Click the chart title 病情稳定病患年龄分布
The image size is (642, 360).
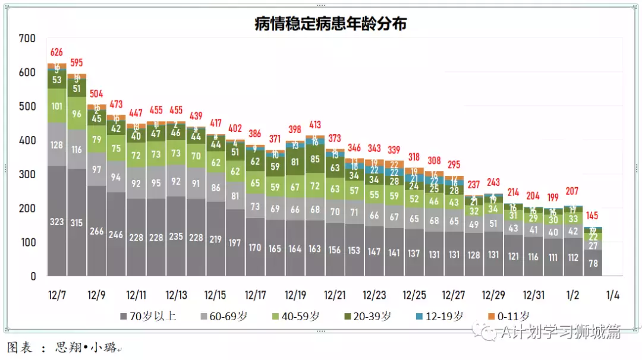(331, 23)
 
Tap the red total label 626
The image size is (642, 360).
(57, 52)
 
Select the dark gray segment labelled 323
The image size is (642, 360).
(57, 222)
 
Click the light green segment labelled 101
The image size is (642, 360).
(57, 106)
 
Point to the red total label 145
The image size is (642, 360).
(593, 216)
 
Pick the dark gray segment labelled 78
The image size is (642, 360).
(593, 263)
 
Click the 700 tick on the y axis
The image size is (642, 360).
(27, 39)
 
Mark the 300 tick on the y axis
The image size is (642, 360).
(27, 175)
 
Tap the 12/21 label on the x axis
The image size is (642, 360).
(335, 295)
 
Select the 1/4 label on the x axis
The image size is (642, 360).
(612, 295)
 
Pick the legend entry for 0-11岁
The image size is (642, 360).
(509, 316)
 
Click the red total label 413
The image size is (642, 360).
(315, 125)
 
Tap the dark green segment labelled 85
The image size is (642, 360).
(315, 159)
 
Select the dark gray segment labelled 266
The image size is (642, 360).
(97, 232)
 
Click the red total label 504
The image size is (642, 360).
(97, 93)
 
